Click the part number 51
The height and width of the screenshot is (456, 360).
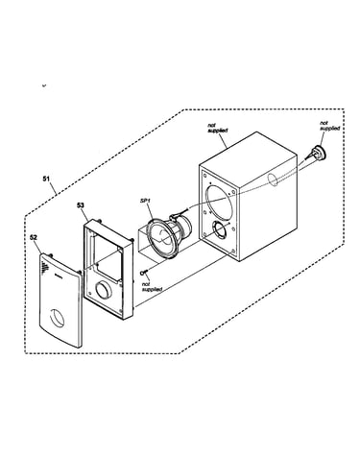(46, 179)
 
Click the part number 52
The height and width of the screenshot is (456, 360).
(34, 237)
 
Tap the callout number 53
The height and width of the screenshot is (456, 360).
(81, 205)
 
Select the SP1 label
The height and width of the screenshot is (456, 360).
(145, 201)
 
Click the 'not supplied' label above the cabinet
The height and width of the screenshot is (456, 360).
(218, 128)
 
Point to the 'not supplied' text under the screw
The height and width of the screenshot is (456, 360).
(152, 287)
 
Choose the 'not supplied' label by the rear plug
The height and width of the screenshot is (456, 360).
(329, 126)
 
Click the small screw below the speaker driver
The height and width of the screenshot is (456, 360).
(144, 273)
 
